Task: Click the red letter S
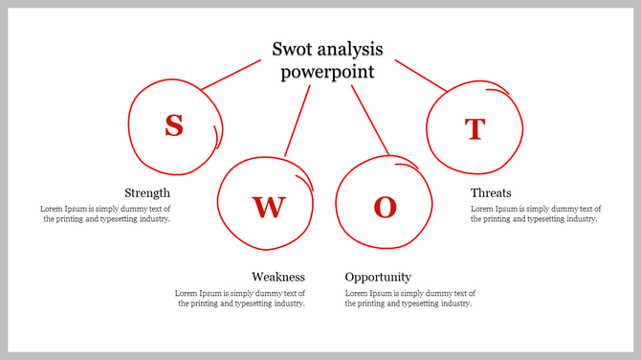173,125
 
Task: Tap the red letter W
268,207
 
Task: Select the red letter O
385,208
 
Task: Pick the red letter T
475,128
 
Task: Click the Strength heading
147,192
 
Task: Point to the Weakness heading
278,277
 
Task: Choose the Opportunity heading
378,277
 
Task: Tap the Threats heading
491,192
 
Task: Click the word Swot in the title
293,50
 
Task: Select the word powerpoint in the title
327,72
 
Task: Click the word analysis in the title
349,50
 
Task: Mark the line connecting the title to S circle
231,75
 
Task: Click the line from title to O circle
370,120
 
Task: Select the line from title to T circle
421,76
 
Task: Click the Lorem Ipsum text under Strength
105,214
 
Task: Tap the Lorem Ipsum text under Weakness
240,298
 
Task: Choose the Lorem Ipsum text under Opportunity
410,298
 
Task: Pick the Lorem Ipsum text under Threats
536,214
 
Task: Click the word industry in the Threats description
577,219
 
